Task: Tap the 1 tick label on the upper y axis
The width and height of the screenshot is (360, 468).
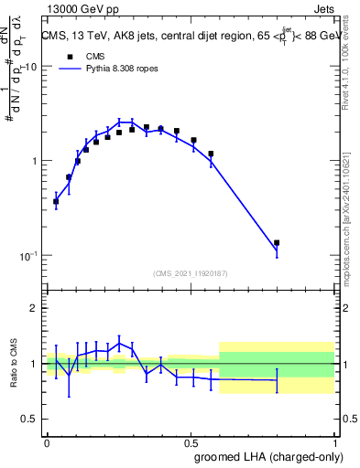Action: point(34,161)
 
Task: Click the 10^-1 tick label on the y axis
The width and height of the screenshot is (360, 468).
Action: point(27,255)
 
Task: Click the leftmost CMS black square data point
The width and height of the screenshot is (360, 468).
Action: point(56,201)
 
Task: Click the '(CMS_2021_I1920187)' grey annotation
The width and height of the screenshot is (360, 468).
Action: point(190,273)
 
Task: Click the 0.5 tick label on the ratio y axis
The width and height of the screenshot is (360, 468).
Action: point(29,420)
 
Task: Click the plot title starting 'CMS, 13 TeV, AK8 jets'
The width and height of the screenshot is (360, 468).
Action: point(188,37)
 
